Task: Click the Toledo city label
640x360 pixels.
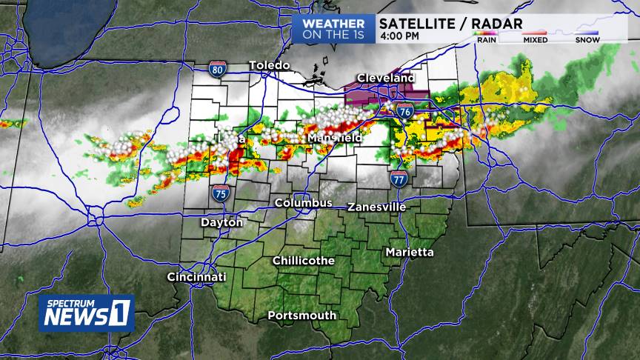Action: click(x=269, y=65)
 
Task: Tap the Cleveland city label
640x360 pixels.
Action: click(x=385, y=78)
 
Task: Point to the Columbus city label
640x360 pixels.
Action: click(x=303, y=202)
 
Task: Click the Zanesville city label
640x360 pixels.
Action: click(x=376, y=207)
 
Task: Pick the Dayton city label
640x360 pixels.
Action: click(x=221, y=222)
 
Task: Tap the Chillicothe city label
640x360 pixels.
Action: click(x=303, y=261)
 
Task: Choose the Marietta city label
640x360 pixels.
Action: click(x=410, y=253)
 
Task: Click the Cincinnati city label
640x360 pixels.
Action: click(x=196, y=277)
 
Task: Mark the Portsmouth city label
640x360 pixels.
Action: click(x=301, y=316)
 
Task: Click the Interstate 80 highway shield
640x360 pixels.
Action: click(x=217, y=70)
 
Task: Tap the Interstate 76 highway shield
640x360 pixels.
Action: click(x=404, y=112)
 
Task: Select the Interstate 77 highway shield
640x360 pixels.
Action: click(x=399, y=179)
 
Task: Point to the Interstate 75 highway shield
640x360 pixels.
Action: click(x=220, y=193)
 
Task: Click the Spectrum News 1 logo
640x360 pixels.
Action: click(x=87, y=313)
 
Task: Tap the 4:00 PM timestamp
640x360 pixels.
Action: click(x=399, y=36)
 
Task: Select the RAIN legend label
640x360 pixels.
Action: click(x=487, y=40)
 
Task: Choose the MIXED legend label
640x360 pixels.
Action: click(x=535, y=40)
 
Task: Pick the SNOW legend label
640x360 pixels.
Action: click(x=587, y=40)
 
